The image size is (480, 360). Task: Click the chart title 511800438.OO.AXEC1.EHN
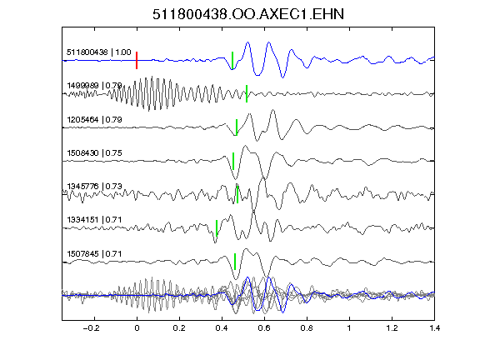click(x=248, y=14)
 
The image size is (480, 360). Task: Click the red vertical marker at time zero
click(x=137, y=60)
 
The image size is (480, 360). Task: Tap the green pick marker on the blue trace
click(x=232, y=61)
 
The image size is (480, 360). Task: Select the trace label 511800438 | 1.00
click(x=98, y=52)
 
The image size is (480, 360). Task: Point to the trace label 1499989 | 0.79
click(x=94, y=85)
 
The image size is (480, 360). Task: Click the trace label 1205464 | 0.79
click(x=94, y=119)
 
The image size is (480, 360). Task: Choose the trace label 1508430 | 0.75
click(x=94, y=152)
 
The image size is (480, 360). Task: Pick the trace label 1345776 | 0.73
click(x=94, y=186)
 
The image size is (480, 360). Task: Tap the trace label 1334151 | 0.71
click(x=94, y=220)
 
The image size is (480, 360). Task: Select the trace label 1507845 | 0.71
click(x=94, y=254)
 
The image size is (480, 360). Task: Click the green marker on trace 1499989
click(x=247, y=93)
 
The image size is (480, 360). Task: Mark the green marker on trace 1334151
click(x=217, y=228)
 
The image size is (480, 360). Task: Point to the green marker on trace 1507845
click(x=235, y=262)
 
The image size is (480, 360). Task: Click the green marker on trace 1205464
click(x=237, y=127)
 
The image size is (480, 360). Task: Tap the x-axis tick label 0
click(x=137, y=328)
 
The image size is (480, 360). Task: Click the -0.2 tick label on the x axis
click(x=91, y=328)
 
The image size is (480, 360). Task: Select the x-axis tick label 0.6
click(x=264, y=328)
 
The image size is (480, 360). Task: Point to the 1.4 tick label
click(x=434, y=328)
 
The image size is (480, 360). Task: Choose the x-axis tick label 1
click(x=349, y=328)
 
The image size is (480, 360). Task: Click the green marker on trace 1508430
click(x=233, y=161)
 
